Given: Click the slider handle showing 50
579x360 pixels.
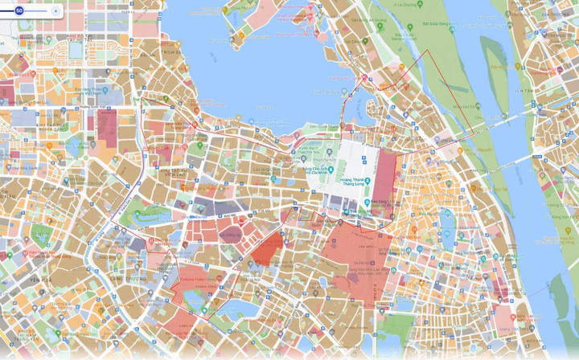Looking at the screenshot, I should pyautogui.click(x=18, y=10).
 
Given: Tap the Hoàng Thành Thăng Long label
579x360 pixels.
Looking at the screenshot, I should pyautogui.click(x=354, y=182).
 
